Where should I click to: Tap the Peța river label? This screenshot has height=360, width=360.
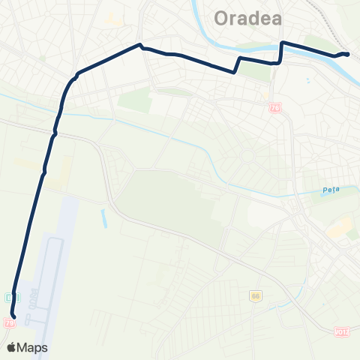click(331, 190)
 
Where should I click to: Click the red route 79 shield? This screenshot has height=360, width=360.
click(9, 322)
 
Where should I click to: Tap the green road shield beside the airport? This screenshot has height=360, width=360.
click(9, 297)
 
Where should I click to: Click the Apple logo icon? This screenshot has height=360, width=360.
click(12, 347)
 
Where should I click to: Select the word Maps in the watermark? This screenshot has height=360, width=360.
click(34, 347)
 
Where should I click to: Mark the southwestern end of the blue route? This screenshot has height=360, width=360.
click(13, 324)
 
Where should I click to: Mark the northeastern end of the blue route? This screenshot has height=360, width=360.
click(347, 54)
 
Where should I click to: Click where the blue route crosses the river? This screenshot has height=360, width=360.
click(281, 48)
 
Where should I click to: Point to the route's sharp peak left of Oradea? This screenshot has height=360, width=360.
click(139, 44)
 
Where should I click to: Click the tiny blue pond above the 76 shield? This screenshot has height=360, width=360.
click(309, 79)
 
